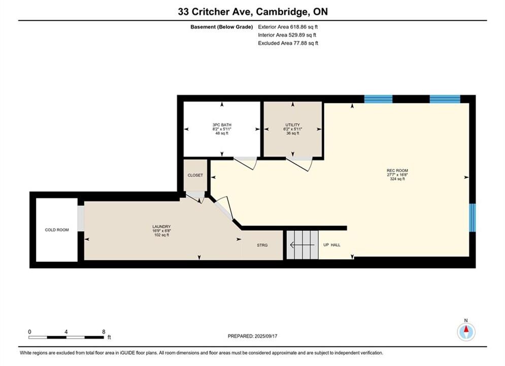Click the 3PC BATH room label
pyautogui.click(x=222, y=125)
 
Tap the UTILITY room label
pyautogui.click(x=292, y=125)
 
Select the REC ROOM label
pyautogui.click(x=397, y=171)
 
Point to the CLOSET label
pyautogui.click(x=195, y=175)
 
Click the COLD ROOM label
pyautogui.click(x=57, y=230)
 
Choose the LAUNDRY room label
pyautogui.click(x=161, y=227)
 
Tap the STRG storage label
pyautogui.click(x=262, y=246)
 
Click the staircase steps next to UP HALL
pyautogui.click(x=302, y=245)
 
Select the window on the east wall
pyautogui.click(x=472, y=218)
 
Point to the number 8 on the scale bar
pyautogui.click(x=104, y=331)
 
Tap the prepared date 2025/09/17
pyautogui.click(x=266, y=336)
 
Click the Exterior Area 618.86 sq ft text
pyautogui.click(x=288, y=27)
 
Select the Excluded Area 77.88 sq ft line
pyautogui.click(x=288, y=43)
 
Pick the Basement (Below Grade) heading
pyautogui.click(x=222, y=27)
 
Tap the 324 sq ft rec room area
pyautogui.click(x=397, y=179)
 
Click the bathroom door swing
pyautogui.click(x=246, y=163)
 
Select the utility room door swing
pyautogui.click(x=299, y=164)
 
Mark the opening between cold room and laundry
pyautogui.click(x=81, y=218)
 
